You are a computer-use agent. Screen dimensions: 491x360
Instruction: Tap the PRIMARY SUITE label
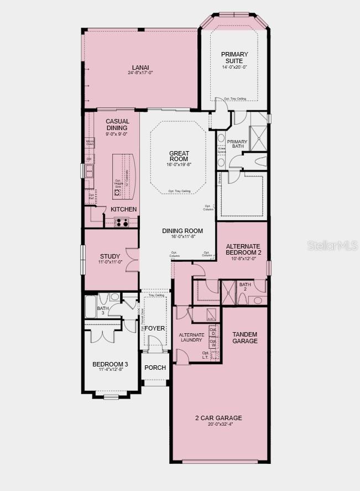coord(234,57)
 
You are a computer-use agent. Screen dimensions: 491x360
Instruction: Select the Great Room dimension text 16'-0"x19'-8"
coord(179,164)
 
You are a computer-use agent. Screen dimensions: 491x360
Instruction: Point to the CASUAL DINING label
coord(117,125)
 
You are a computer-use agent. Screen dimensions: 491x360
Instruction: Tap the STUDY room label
coord(110,256)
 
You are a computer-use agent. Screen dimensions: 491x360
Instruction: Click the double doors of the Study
coord(132,259)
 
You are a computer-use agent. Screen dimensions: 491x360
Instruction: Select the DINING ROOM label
coord(182,231)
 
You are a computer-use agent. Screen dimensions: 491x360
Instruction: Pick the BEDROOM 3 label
coord(110,364)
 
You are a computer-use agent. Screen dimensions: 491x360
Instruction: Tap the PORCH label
coord(155,368)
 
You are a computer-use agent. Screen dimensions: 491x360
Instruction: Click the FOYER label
coord(155,328)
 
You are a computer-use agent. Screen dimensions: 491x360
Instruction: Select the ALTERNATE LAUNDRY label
coord(191,337)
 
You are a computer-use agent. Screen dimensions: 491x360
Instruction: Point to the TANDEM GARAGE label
coord(244,338)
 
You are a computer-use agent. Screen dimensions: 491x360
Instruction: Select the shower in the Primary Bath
coord(257,138)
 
